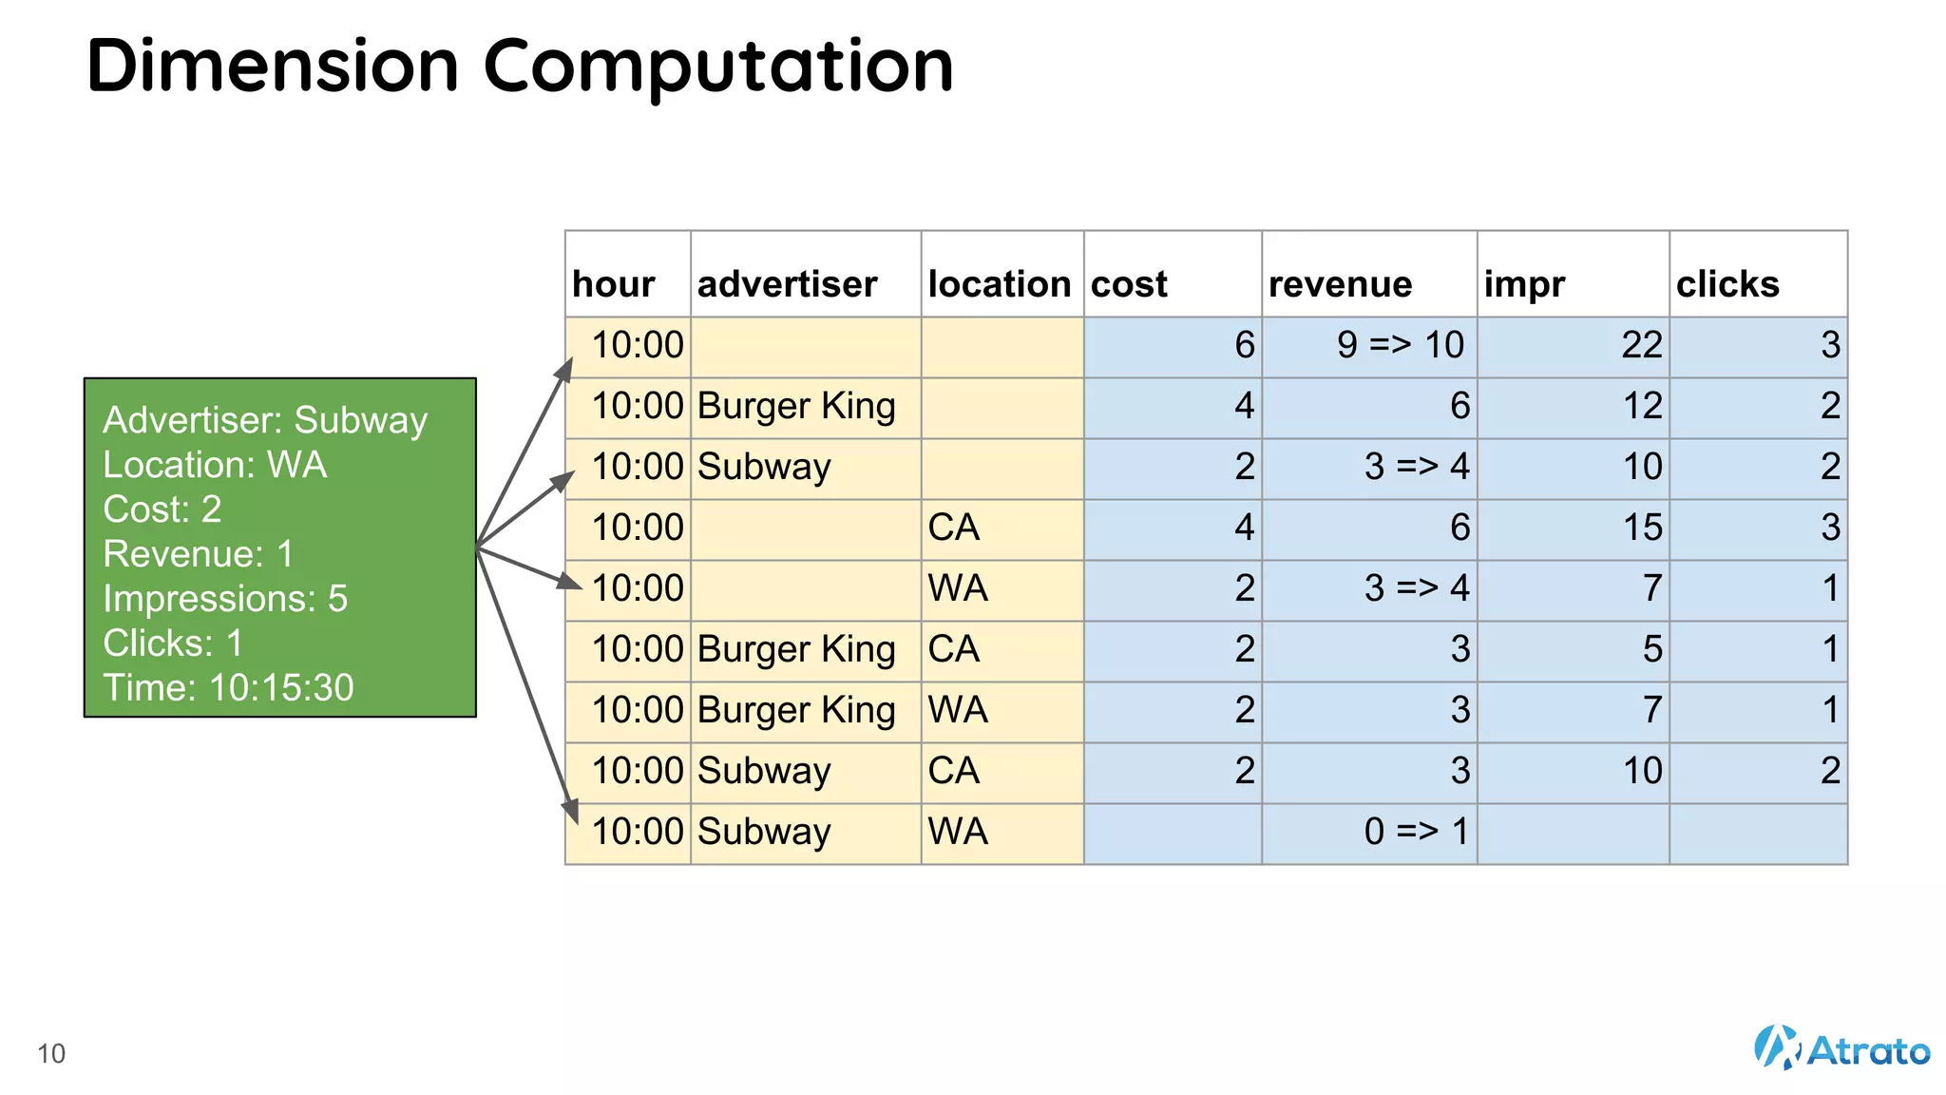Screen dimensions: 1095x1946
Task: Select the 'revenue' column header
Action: coord(1340,284)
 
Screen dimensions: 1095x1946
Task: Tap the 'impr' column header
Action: coord(1524,284)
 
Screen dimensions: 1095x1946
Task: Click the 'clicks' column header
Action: coord(1727,284)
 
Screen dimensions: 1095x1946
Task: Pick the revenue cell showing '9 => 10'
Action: coord(1400,345)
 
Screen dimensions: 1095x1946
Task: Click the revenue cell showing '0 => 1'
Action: coord(1416,832)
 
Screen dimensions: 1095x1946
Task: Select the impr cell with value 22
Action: coord(1641,345)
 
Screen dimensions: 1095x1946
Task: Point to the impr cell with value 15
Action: coord(1641,528)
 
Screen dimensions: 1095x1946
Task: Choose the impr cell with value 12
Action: coord(1641,406)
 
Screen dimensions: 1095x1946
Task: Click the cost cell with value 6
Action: coord(1244,345)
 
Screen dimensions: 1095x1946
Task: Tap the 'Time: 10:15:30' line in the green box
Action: coord(228,687)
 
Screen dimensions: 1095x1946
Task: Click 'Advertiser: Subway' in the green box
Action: coord(265,420)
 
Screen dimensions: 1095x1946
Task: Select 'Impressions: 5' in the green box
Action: coord(225,599)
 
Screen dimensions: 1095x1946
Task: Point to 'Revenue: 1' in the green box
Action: coord(198,554)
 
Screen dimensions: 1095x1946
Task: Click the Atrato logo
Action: coord(1841,1048)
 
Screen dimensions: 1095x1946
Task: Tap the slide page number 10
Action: coord(51,1053)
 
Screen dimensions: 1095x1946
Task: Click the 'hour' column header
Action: coord(613,284)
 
